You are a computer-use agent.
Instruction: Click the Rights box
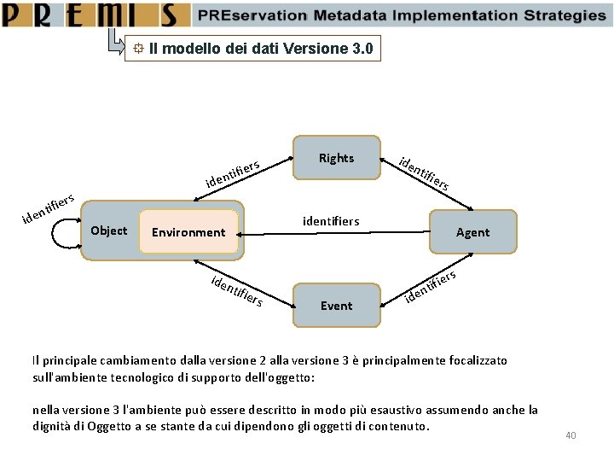(336, 158)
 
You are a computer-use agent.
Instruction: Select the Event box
(336, 305)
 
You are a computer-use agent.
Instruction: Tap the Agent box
(472, 232)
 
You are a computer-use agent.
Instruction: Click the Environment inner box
(188, 232)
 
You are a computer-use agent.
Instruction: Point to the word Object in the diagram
(108, 230)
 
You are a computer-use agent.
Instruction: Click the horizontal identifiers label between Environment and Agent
(331, 221)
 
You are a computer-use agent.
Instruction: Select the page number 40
(571, 436)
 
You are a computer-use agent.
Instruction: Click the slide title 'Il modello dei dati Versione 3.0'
(260, 49)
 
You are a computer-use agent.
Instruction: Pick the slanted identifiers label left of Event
(236, 291)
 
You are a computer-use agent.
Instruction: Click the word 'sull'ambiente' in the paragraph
(67, 377)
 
